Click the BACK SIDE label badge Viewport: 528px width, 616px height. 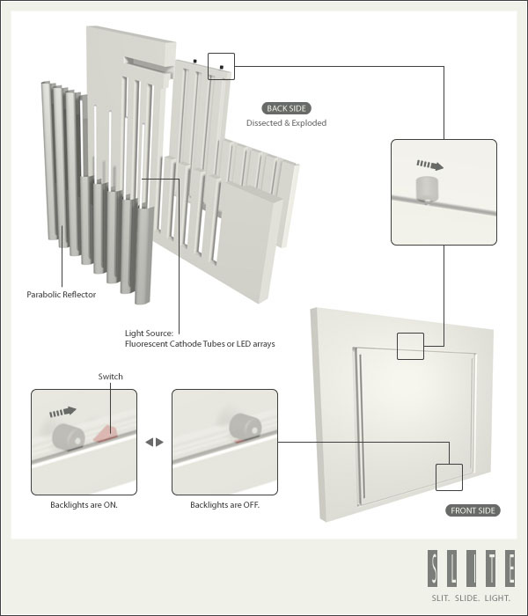click(286, 108)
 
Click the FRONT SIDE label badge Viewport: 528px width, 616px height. click(473, 510)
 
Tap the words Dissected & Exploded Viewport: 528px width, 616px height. click(286, 123)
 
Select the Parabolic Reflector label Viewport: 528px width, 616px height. click(62, 295)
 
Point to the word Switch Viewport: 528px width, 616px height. click(111, 377)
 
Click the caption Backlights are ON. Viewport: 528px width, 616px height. click(84, 506)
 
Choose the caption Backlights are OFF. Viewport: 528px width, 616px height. click(224, 506)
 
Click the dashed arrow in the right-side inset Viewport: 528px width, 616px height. click(429, 165)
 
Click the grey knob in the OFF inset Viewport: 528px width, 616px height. click(242, 427)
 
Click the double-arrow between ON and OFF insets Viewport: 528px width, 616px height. click(154, 442)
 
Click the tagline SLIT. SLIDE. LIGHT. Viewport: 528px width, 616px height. click(471, 598)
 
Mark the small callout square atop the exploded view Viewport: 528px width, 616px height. click(222, 66)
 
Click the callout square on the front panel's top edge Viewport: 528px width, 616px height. click(410, 346)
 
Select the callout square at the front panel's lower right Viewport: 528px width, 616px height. click(449, 477)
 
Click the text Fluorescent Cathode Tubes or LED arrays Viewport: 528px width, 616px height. click(200, 344)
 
